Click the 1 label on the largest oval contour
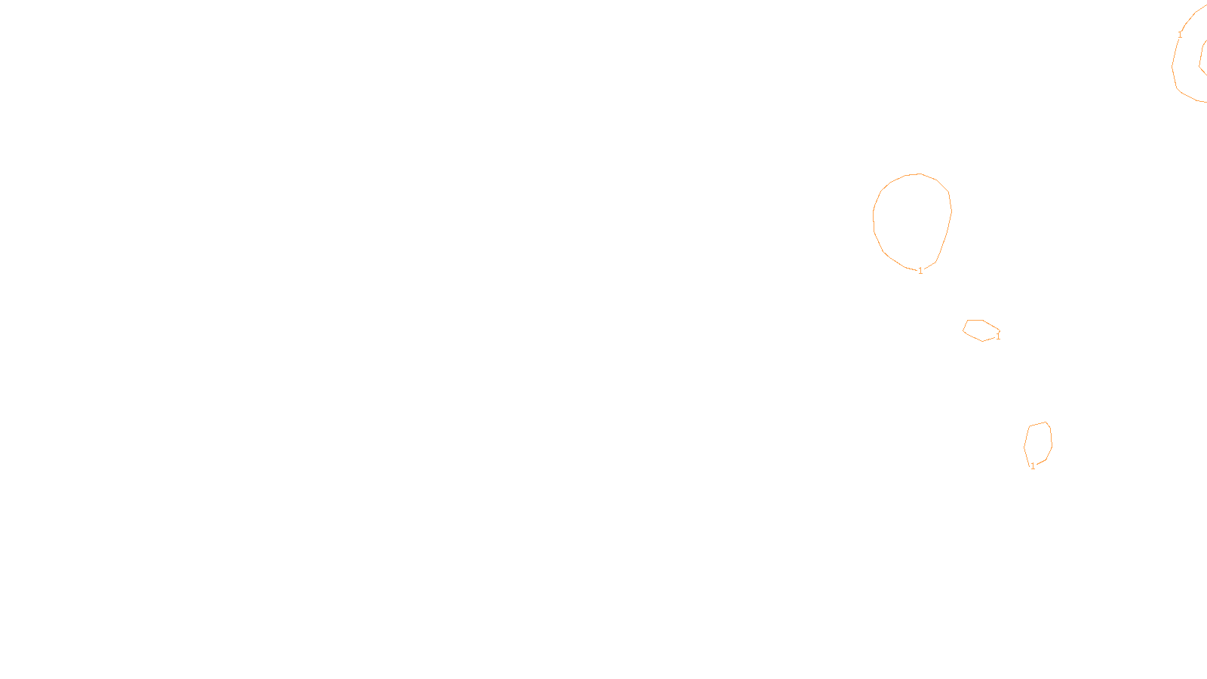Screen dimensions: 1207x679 tap(920, 271)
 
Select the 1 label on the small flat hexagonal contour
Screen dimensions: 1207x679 tap(998, 336)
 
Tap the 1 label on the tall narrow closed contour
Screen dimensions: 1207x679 tap(1033, 466)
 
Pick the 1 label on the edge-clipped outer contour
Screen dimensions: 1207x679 tap(1180, 35)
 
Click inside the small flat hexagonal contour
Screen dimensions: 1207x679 tap(979, 330)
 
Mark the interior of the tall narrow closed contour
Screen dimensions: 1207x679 tap(1038, 442)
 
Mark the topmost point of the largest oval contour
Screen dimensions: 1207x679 tap(919, 174)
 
